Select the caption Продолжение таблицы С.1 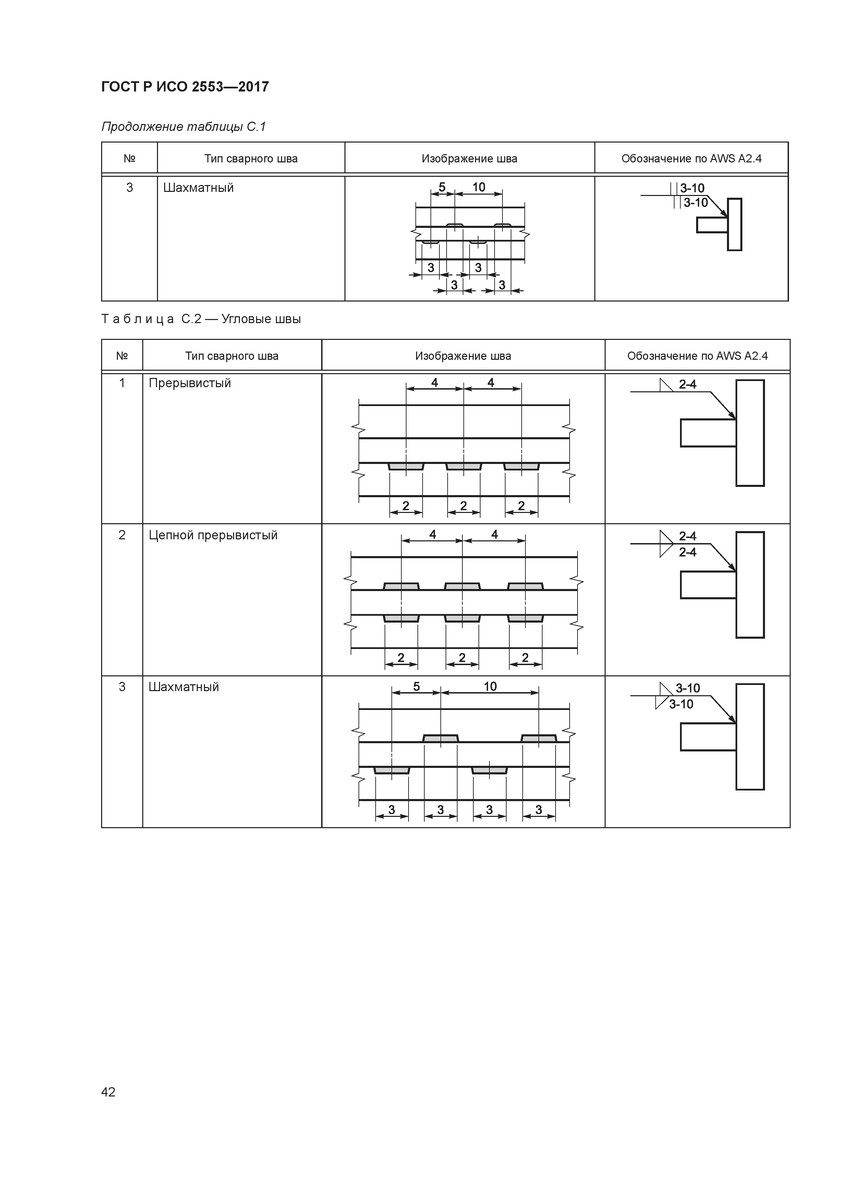point(184,127)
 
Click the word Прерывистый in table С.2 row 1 point(190,383)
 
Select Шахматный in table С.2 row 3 point(184,687)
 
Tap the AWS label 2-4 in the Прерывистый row point(688,385)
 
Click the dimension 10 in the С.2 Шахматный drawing point(490,686)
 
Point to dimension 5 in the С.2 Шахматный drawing point(416,686)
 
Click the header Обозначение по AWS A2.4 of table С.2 point(697,356)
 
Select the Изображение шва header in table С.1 point(469,159)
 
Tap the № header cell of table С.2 point(122,356)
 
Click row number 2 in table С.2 point(122,535)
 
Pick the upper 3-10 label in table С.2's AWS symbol point(688,688)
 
